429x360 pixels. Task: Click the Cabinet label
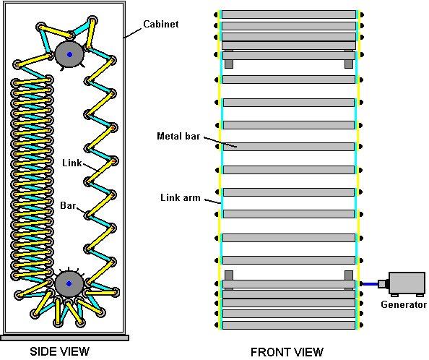click(161, 24)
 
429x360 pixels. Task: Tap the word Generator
click(404, 304)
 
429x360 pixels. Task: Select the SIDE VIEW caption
click(59, 351)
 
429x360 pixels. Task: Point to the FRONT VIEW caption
click(287, 352)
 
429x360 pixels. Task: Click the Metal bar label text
click(178, 136)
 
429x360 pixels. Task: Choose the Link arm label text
click(181, 197)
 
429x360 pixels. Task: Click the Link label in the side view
click(72, 163)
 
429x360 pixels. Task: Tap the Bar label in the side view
click(68, 205)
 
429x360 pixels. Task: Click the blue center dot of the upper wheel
click(69, 54)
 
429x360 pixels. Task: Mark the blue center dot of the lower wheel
click(69, 283)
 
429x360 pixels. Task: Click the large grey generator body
click(407, 283)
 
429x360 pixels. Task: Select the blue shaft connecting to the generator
click(370, 284)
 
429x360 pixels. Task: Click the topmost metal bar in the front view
click(289, 14)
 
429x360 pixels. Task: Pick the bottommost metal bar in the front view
click(289, 325)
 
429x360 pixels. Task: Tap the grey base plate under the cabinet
click(64, 338)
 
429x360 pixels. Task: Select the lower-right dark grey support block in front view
click(349, 275)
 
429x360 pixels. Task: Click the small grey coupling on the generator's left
click(383, 283)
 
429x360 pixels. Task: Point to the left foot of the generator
click(394, 295)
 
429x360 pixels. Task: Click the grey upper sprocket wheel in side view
click(69, 54)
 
